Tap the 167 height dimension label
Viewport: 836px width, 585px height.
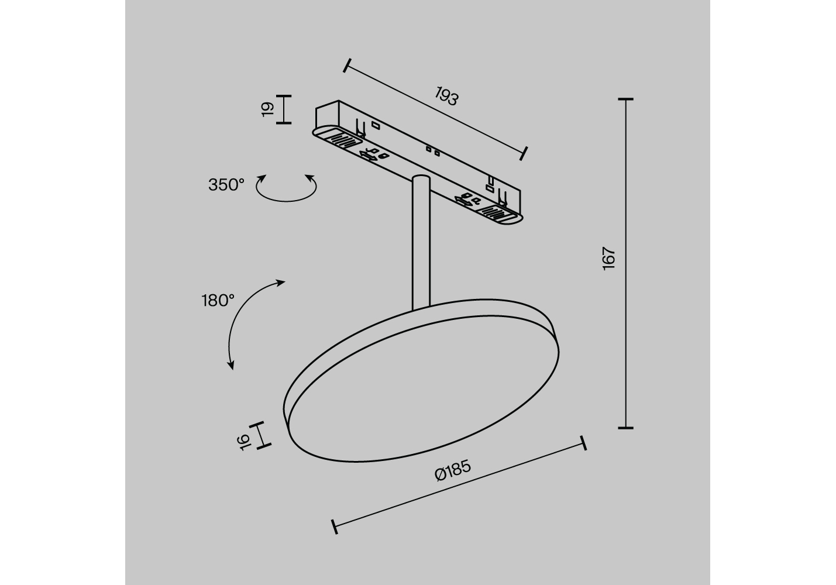[608, 258]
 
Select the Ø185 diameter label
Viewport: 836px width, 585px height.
[453, 470]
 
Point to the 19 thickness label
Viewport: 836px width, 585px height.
[267, 109]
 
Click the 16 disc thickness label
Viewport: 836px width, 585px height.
[243, 442]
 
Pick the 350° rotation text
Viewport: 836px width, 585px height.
[226, 185]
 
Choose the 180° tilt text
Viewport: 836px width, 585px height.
[218, 300]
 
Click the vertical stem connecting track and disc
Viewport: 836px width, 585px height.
[421, 243]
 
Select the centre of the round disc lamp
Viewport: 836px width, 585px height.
[421, 381]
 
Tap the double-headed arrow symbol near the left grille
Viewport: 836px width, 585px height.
[368, 156]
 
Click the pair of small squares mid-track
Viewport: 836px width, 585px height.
[433, 151]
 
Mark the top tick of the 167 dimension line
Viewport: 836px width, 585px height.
[625, 99]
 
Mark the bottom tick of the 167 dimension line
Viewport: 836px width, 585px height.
[625, 428]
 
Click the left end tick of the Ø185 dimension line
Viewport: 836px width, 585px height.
[335, 526]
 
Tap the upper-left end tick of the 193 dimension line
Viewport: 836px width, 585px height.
[347, 66]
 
